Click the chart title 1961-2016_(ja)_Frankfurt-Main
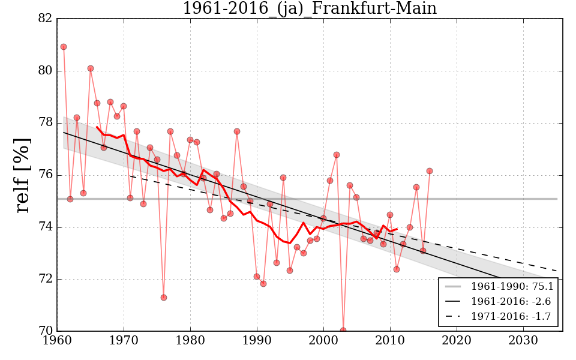(309, 8)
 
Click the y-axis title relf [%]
(23, 175)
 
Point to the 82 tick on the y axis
(45, 19)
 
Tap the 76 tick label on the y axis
(45, 175)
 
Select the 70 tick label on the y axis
(45, 331)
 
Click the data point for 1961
(64, 47)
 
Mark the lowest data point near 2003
(343, 331)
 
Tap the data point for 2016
(430, 171)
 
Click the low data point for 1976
(164, 298)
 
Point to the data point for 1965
(91, 68)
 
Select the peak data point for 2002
(337, 155)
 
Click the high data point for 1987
(237, 131)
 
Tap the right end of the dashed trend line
(557, 271)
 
